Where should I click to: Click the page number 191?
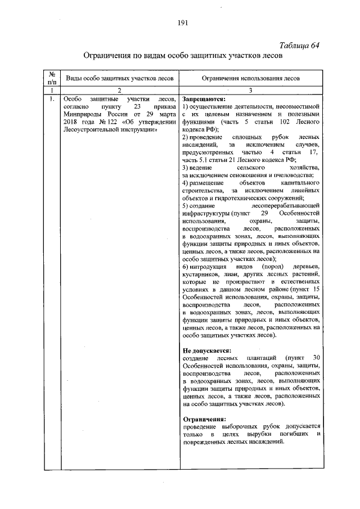pyautogui.click(x=182, y=23)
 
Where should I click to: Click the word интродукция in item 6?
pyautogui.click(x=209, y=266)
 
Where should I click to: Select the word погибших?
pyautogui.click(x=291, y=434)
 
